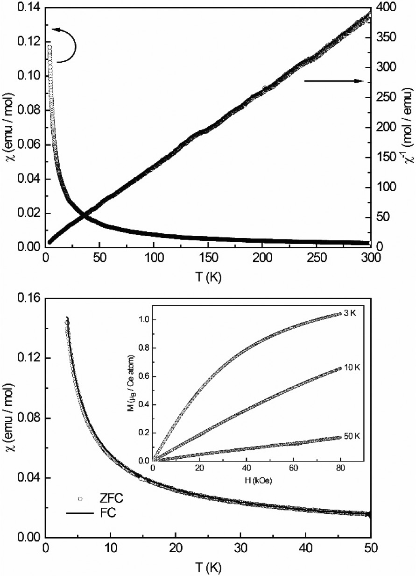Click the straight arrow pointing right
coord(333,81)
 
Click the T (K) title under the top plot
coord(207,276)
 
